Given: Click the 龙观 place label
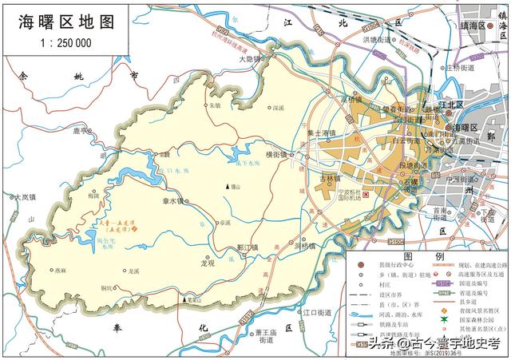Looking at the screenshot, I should point(210,262).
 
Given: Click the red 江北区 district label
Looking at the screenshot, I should point(452,104).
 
